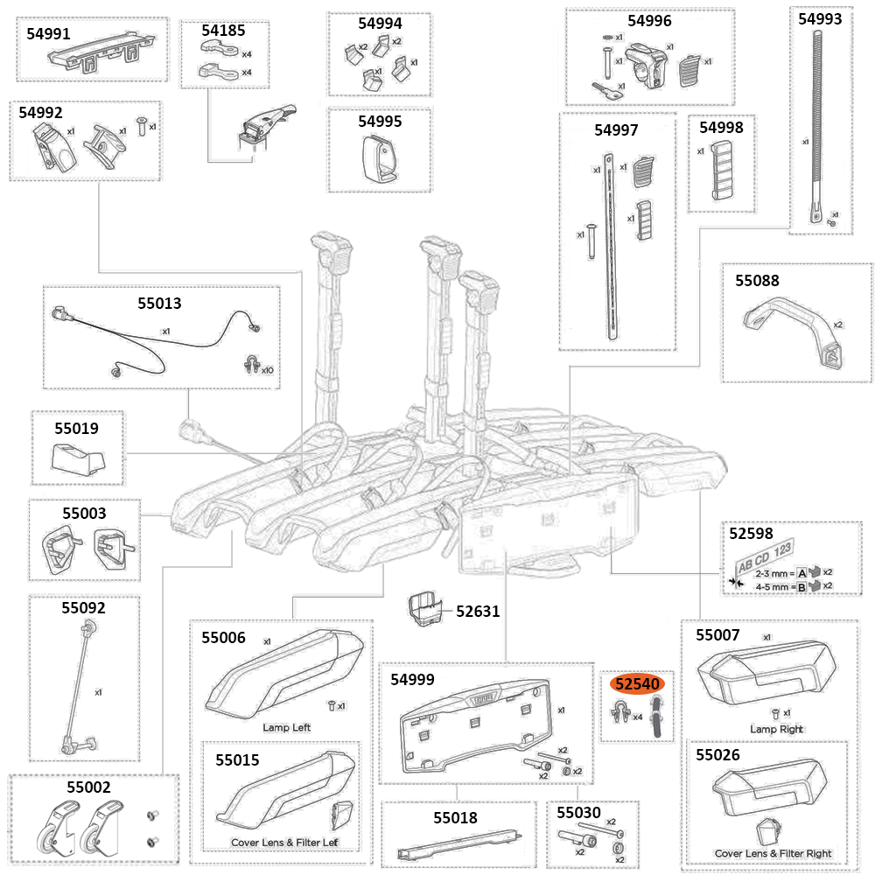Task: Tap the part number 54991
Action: (x=49, y=32)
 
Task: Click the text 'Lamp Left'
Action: (x=286, y=727)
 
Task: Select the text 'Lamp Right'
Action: (x=776, y=729)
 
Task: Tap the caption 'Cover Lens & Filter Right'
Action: (x=773, y=853)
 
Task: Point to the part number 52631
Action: (x=478, y=611)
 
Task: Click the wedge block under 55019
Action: (x=79, y=457)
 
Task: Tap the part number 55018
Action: (x=455, y=818)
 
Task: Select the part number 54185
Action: (x=223, y=31)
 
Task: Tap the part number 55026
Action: (x=717, y=754)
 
